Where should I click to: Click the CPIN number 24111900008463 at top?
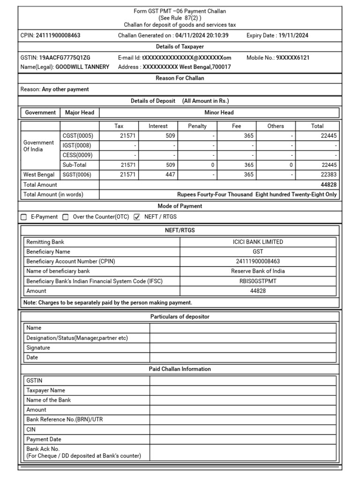[58, 36]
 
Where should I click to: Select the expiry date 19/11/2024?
[293, 36]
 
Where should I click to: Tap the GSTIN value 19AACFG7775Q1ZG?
[65, 58]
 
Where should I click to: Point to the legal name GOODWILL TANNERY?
[82, 67]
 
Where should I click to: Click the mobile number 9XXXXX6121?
[292, 58]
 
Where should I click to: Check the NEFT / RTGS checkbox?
[137, 217]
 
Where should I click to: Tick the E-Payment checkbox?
[24, 217]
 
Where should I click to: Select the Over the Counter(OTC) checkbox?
[66, 217]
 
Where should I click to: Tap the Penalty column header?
[197, 126]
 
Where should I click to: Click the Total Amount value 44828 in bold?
[329, 185]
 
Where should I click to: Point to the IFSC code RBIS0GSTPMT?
[258, 281]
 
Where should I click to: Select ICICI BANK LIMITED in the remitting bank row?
[258, 242]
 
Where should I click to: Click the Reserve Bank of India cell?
[258, 271]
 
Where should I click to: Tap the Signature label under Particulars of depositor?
[38, 348]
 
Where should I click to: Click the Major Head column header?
[80, 112]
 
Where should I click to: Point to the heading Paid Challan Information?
[180, 369]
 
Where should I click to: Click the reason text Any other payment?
[65, 89]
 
